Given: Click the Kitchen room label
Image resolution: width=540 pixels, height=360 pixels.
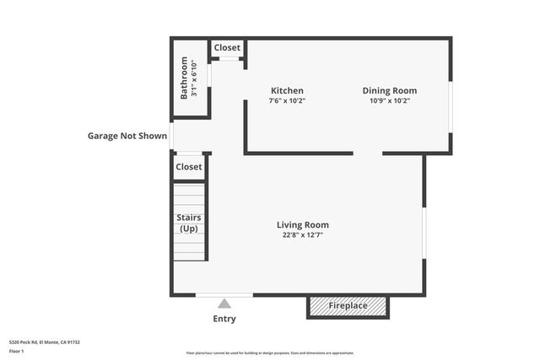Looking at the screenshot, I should (287, 91).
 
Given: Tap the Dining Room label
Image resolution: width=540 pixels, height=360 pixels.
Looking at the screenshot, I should (389, 91).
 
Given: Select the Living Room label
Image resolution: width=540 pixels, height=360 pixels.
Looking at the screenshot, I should (302, 225).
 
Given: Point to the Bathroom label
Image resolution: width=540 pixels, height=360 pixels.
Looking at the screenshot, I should (184, 78).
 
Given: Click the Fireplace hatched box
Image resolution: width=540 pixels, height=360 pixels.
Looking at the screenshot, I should (348, 306).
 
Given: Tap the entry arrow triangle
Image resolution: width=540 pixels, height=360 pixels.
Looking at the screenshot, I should (224, 304).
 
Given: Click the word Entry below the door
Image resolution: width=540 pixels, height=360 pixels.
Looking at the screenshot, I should (224, 319).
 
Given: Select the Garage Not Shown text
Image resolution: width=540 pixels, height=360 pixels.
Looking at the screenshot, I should (127, 136).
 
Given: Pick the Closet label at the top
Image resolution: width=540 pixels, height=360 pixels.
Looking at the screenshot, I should (226, 48).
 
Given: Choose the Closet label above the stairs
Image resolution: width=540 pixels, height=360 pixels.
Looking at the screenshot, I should (189, 167).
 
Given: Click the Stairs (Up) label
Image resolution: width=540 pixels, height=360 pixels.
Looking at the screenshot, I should (189, 223).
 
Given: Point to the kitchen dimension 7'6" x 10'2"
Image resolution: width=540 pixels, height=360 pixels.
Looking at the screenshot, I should (287, 101).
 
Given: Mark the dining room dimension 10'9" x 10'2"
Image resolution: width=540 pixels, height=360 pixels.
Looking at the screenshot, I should (389, 101).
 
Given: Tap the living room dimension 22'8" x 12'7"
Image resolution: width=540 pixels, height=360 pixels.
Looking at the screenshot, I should (302, 235).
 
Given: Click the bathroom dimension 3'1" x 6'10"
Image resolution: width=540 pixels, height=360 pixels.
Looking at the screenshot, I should (194, 78).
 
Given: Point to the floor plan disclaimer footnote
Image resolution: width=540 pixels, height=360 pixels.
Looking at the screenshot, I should (270, 353).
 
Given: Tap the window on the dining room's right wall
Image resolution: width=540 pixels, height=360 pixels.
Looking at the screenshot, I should (451, 106).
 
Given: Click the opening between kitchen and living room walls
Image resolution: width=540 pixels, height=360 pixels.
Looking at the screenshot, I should (367, 153).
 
